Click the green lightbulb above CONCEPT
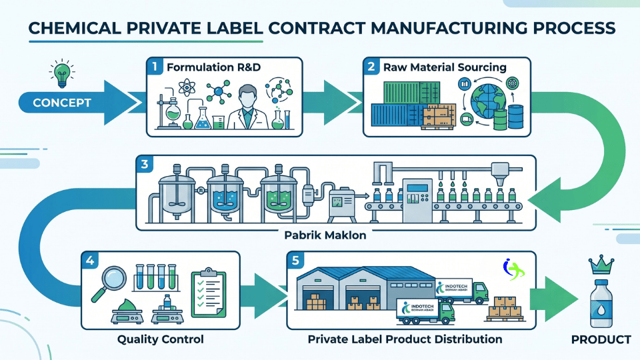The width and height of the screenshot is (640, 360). pos(62,74)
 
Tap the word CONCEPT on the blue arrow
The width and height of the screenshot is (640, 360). pos(62,103)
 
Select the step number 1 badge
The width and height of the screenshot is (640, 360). pos(155,67)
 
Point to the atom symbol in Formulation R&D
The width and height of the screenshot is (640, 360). pos(187,87)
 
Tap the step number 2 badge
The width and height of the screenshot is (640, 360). pos(371,67)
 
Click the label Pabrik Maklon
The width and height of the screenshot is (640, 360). pos(325,235)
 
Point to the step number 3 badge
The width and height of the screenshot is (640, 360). pos(144,165)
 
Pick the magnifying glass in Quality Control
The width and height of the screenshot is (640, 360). pos(108,283)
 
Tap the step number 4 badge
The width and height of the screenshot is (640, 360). pos(90,261)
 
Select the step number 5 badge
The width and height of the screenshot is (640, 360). pos(295,261)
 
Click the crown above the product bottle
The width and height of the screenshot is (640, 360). pos(601,265)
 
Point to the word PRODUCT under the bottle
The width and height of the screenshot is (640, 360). pos(601,339)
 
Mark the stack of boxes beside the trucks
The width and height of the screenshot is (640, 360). pos(505,309)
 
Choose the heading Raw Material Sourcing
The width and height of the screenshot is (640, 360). pos(445,67)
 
